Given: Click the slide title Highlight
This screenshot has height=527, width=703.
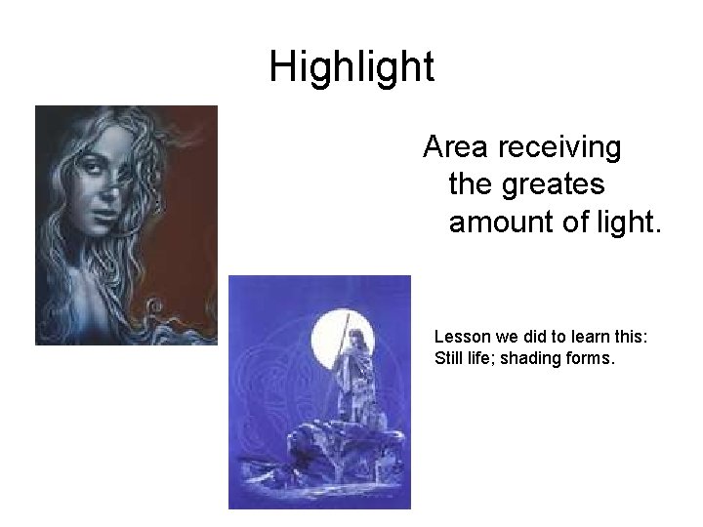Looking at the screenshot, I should [351, 67].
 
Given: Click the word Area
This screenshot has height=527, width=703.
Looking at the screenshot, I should [457, 148].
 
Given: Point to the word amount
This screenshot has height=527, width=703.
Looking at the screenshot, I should [501, 223].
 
